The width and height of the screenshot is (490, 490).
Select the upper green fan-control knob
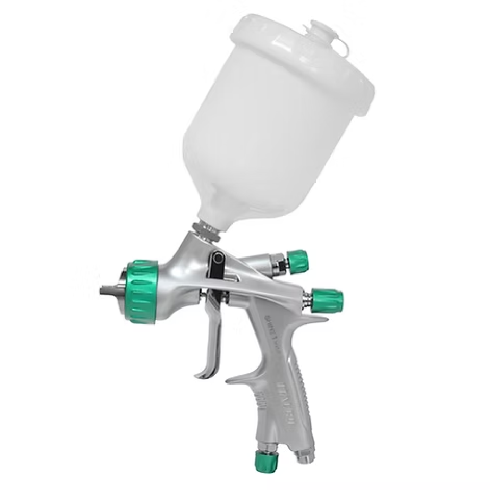tap(297, 261)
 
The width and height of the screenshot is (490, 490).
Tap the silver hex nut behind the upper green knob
tap(278, 265)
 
